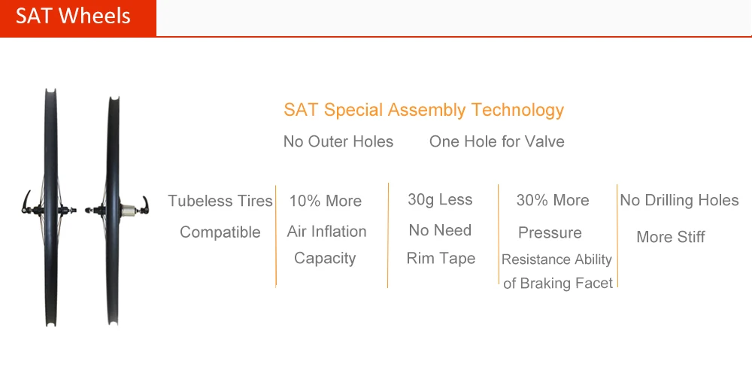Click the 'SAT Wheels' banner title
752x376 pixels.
point(73,17)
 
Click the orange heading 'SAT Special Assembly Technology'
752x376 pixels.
point(423,110)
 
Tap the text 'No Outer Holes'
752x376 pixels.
point(338,141)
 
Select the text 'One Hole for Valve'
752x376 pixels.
point(496,141)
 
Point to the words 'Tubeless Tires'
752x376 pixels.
point(220,201)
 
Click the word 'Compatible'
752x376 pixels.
point(220,232)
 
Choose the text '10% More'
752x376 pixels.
point(325,201)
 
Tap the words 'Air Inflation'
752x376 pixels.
point(326,232)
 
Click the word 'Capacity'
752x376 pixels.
point(325,258)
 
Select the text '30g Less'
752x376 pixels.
point(440,199)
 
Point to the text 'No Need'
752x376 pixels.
point(440,230)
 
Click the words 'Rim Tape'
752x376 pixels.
point(441,258)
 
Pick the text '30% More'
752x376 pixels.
point(552,200)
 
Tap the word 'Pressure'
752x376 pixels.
point(550,232)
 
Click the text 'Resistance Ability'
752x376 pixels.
point(556,259)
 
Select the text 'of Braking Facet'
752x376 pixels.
point(557,284)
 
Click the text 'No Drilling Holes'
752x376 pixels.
point(679,200)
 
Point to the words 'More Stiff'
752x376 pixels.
point(670,237)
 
